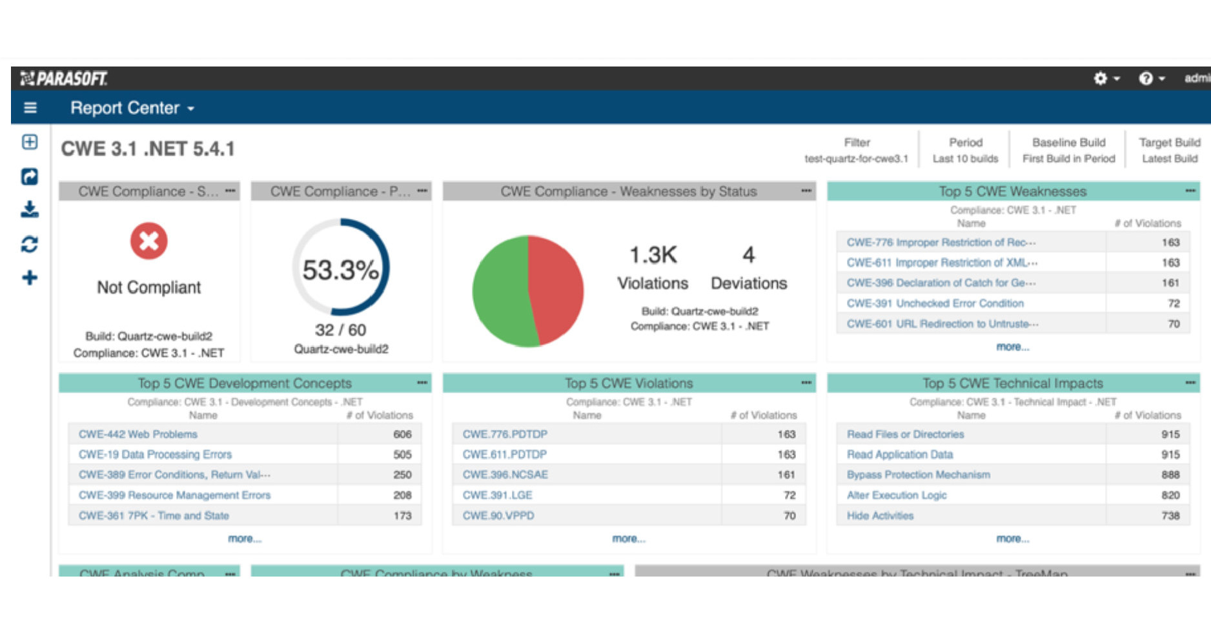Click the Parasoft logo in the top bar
(64, 78)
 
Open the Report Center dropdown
(132, 108)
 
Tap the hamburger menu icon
(30, 108)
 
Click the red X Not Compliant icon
(148, 241)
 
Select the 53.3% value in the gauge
(340, 270)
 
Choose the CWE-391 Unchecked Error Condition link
(935, 303)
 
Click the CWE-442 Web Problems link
(137, 435)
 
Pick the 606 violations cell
(402, 435)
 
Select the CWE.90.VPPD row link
(498, 516)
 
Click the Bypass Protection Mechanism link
(918, 475)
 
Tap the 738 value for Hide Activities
(1170, 516)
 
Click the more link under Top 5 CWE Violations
(628, 538)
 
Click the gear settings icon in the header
(1101, 78)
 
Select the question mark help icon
(1146, 78)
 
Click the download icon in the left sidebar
(30, 209)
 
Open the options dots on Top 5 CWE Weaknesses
(1190, 191)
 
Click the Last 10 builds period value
(965, 159)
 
